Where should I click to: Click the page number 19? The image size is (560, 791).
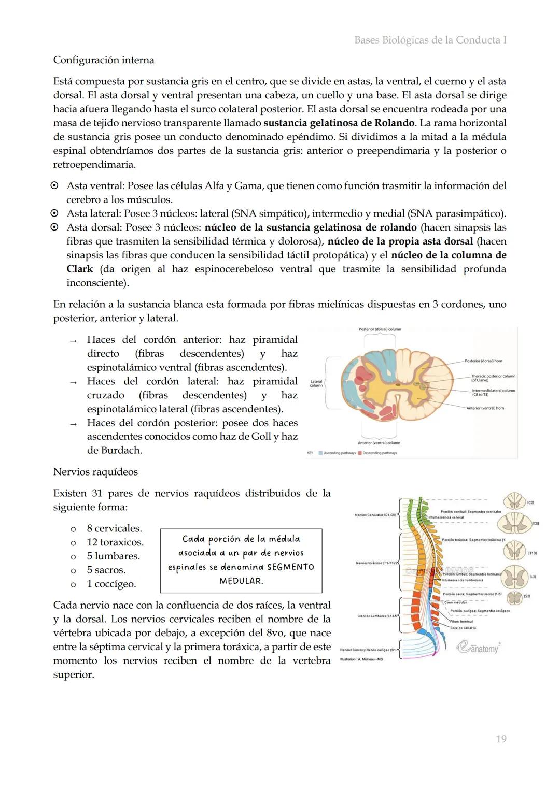[x=501, y=739]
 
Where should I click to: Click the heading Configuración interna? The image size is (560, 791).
[x=104, y=60]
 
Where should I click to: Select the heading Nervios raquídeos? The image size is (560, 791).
[x=95, y=472]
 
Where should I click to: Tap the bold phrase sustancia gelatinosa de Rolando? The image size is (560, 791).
[x=339, y=123]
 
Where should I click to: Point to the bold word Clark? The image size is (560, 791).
[x=79, y=269]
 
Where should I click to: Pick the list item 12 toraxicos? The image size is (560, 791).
[x=115, y=542]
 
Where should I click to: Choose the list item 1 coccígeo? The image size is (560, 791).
[x=111, y=584]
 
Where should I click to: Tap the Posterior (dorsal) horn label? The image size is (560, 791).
[x=483, y=361]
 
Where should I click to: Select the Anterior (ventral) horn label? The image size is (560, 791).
[x=485, y=408]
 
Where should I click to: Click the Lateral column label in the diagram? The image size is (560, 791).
[x=316, y=383]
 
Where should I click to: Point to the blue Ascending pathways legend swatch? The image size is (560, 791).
[x=320, y=453]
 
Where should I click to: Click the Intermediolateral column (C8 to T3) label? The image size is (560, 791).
[x=493, y=392]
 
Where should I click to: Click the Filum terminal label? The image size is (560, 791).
[x=461, y=621]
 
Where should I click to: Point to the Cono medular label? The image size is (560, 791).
[x=455, y=602]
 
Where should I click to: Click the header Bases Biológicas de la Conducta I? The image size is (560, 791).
[x=430, y=40]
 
